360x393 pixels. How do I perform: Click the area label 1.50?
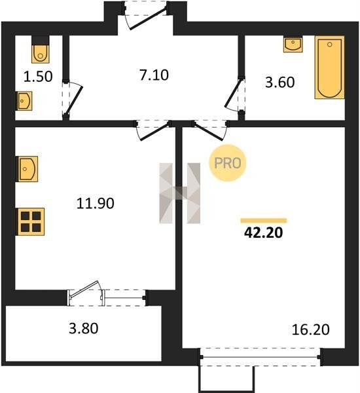coord(38,77)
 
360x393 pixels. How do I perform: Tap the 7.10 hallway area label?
coord(154,75)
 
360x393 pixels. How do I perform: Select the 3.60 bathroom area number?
coord(280,83)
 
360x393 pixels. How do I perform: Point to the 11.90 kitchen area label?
coord(96,203)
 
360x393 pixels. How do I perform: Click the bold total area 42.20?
coord(264,233)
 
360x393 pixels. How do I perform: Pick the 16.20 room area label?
coord(311,329)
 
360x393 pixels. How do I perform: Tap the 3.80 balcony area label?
coord(83,328)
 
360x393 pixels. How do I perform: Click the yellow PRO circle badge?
coord(228,163)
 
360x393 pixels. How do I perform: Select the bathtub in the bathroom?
coord(329,67)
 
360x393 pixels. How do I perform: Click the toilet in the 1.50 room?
coord(41,50)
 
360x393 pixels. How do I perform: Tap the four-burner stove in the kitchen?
coord(31,222)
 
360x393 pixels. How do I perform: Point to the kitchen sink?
coord(27,169)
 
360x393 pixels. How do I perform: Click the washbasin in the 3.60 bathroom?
coord(293,45)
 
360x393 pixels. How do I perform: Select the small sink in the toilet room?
coord(24,101)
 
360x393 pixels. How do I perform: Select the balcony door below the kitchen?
coord(85,290)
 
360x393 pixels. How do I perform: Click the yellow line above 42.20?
coord(264,221)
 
